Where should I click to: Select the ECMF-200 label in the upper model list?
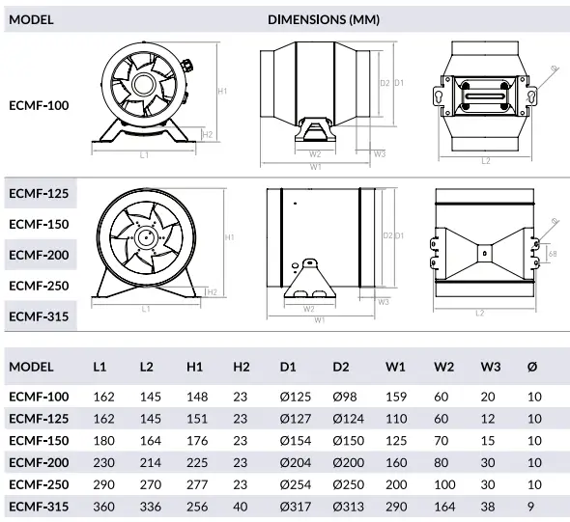tap(39, 255)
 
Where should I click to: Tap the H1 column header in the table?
tap(195, 367)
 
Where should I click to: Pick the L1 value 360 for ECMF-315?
tap(103, 507)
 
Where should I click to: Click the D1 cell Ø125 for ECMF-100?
tap(295, 397)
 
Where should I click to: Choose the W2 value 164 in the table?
tap(442, 507)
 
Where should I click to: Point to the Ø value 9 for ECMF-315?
tap(529, 507)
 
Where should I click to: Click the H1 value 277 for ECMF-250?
tap(196, 484)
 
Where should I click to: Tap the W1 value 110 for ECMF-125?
tap(396, 419)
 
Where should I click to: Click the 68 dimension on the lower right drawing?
tap(553, 254)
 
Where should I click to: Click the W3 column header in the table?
tap(489, 367)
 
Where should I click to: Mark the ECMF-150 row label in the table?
tap(39, 441)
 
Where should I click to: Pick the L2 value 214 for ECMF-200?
tap(150, 462)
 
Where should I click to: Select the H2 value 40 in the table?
tap(241, 507)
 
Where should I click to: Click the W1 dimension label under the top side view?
tap(316, 166)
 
